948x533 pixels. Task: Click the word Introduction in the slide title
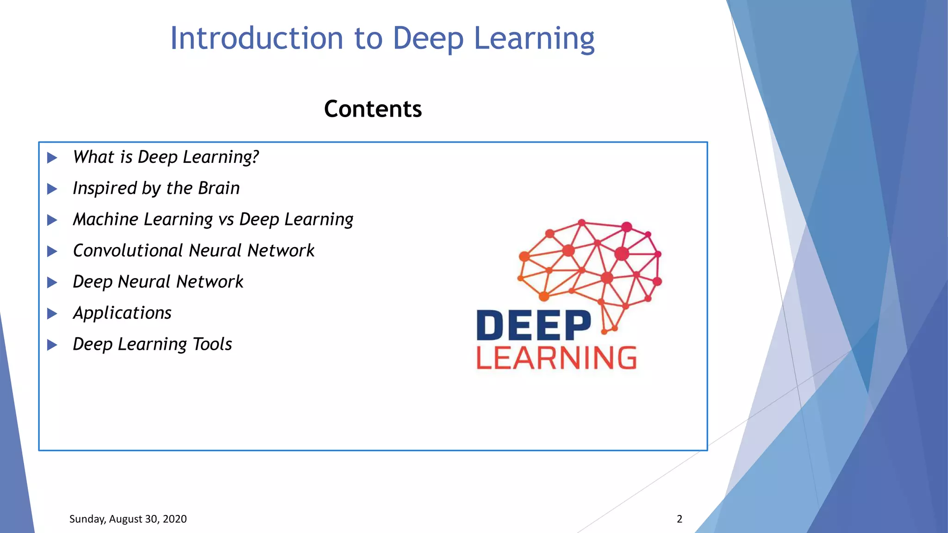point(256,38)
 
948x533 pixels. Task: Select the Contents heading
point(373,109)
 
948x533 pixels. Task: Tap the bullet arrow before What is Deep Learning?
point(52,158)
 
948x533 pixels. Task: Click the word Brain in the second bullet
point(219,188)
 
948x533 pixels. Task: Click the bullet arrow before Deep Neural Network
point(52,282)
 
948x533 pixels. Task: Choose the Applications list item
point(122,313)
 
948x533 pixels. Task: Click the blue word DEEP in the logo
point(534,326)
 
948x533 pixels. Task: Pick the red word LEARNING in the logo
point(556,358)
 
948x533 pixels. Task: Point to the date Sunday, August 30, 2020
point(128,519)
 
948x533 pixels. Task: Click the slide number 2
point(680,519)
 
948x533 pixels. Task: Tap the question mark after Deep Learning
point(255,157)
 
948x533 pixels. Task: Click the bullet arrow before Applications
point(52,314)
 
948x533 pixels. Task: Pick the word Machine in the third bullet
point(106,219)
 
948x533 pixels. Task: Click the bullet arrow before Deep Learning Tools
point(52,345)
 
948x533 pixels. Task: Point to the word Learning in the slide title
point(534,38)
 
